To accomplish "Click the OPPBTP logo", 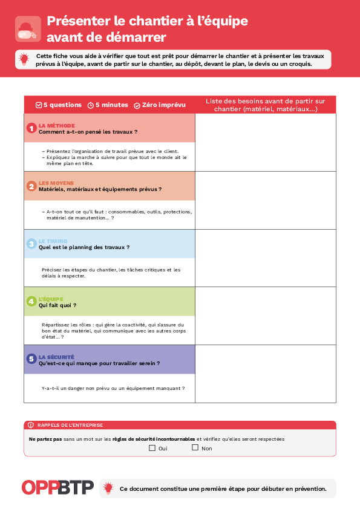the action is tap(57, 487).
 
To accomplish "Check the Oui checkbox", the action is tap(152, 448).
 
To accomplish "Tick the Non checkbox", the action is tap(195, 448).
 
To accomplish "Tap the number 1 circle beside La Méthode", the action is tap(31, 128).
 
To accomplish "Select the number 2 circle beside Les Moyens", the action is tap(31, 186).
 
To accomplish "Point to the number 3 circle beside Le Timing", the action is tap(31, 244).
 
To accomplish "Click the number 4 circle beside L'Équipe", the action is tap(31, 301).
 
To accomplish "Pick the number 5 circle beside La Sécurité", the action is tap(31, 359).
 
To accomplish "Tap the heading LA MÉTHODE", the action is tap(57, 125).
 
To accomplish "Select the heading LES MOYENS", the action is tap(56, 183).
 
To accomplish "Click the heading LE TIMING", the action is tap(53, 241).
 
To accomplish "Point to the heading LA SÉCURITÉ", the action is tap(56, 357).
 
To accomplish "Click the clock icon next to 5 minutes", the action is tap(91, 105).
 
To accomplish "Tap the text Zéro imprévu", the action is tap(163, 105).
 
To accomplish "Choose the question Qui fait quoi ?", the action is tap(57, 305).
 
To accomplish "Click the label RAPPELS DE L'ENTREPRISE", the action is tap(70, 425).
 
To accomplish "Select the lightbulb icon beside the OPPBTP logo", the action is tap(108, 488).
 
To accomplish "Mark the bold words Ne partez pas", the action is tap(45, 439).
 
